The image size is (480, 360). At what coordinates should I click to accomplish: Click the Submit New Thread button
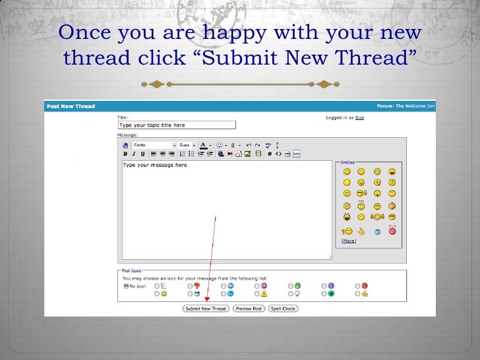click(206, 309)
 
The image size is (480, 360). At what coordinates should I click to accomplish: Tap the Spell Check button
click(283, 309)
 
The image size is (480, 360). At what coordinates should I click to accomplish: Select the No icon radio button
click(126, 286)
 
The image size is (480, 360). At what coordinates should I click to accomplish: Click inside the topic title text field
click(176, 125)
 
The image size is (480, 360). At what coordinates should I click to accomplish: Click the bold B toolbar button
click(125, 154)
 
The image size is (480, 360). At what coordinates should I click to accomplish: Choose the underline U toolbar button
click(142, 154)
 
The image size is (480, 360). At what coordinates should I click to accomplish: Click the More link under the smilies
click(348, 241)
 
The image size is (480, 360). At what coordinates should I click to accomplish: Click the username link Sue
click(359, 117)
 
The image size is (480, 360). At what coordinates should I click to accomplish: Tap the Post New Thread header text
click(71, 106)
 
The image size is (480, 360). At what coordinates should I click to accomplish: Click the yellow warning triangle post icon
click(264, 293)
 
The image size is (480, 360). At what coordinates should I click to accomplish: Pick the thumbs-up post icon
click(364, 293)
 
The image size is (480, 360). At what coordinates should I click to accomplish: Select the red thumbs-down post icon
click(196, 285)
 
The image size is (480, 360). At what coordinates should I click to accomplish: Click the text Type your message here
click(155, 165)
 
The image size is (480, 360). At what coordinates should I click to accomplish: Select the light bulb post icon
click(297, 293)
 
